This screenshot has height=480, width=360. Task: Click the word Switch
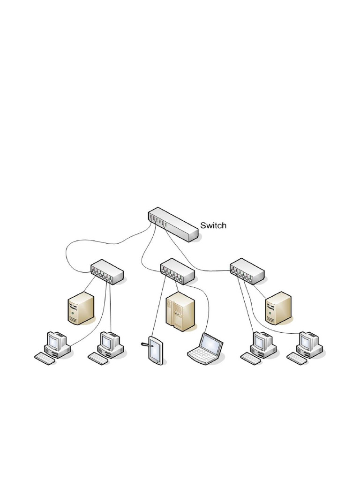(213, 225)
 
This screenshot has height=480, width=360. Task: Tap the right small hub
(247, 270)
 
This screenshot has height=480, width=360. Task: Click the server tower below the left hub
(81, 307)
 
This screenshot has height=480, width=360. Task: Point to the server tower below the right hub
(278, 307)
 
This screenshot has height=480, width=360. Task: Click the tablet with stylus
(155, 350)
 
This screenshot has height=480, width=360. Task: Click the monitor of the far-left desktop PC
(55, 341)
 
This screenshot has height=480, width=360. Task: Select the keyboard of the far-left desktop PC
(44, 358)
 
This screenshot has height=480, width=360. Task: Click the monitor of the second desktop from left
(109, 341)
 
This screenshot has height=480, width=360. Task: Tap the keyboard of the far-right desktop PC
(297, 358)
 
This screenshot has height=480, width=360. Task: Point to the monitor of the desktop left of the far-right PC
(262, 341)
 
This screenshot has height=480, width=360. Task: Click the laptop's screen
(211, 344)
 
